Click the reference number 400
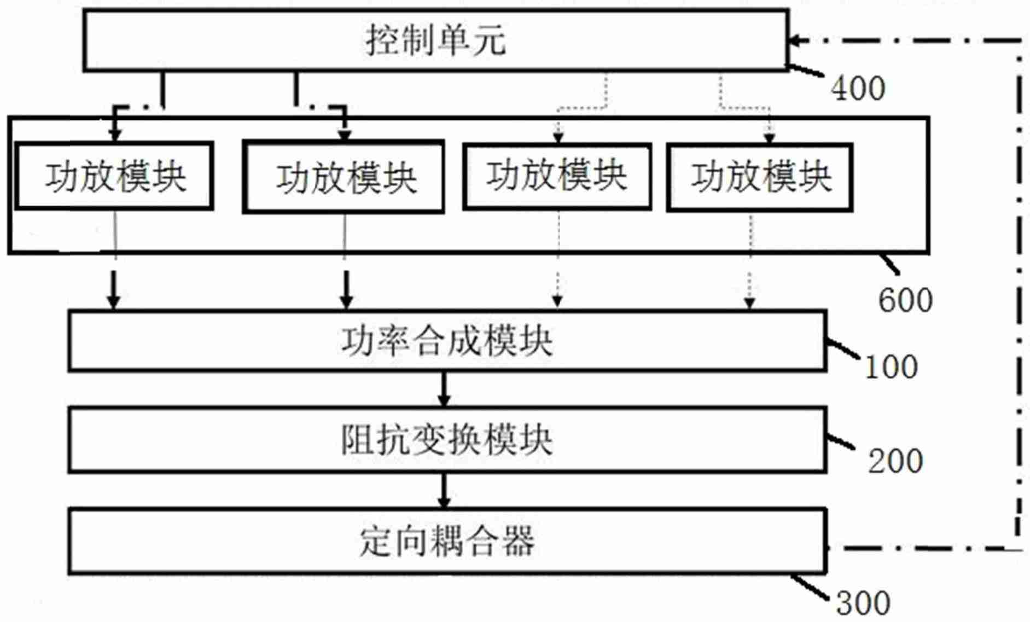tap(858, 89)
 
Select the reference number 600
tap(905, 300)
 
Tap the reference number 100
tap(891, 367)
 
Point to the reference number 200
tap(895, 461)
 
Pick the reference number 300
tap(863, 603)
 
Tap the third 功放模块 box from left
tap(557, 176)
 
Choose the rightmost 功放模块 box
tap(760, 177)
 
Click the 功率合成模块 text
tap(447, 341)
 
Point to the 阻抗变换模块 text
tap(447, 440)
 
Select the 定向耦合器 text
tap(447, 542)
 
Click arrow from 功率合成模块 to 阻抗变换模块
tap(444, 390)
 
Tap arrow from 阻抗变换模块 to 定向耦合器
tap(444, 491)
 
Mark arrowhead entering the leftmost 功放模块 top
tap(114, 135)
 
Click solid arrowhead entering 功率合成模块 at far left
tap(113, 301)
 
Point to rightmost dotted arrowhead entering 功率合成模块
tap(749, 303)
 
